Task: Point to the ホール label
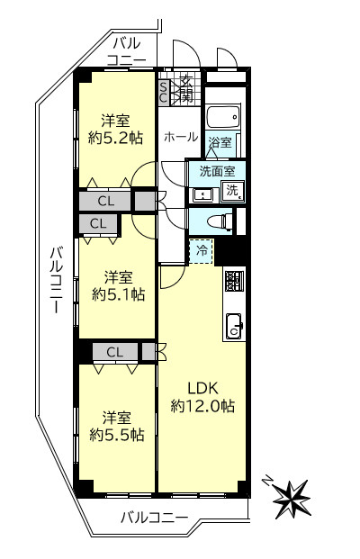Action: [x=181, y=137]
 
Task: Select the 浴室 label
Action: [x=220, y=143]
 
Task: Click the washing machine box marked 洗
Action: [x=232, y=190]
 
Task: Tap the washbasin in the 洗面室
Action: [x=202, y=193]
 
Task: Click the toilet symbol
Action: [x=219, y=221]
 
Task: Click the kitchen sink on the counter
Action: [x=233, y=325]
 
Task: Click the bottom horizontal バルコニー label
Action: [x=154, y=518]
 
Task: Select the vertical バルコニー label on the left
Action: [x=55, y=281]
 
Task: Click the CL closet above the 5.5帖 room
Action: [x=114, y=352]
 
